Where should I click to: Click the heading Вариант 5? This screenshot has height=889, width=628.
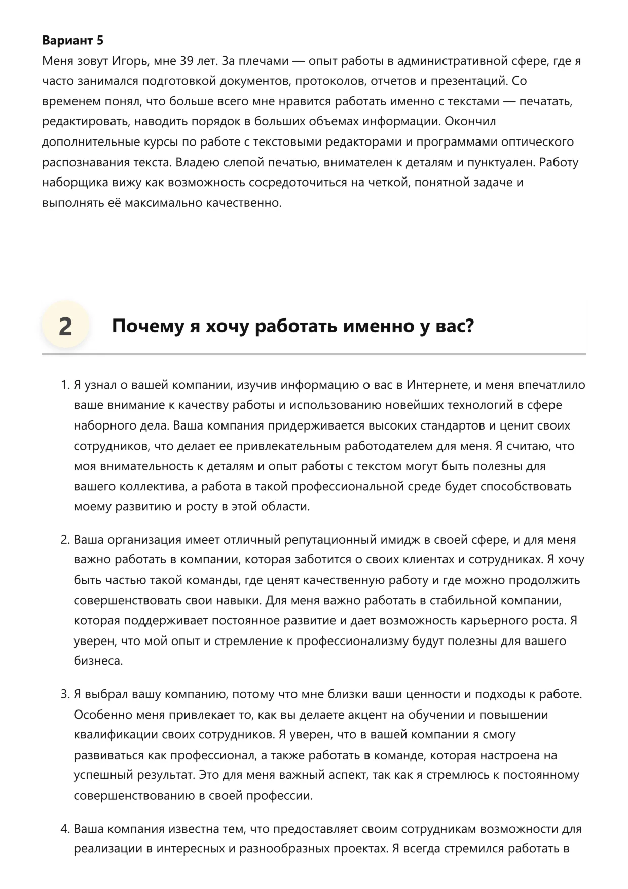(x=72, y=41)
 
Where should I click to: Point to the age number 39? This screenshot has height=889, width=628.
(x=187, y=61)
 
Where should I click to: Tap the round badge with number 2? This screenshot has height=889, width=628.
(x=65, y=326)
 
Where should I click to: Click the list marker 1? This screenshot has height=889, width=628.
(x=64, y=385)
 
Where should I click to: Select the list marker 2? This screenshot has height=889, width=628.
(x=64, y=540)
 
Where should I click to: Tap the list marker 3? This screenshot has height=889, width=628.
(x=64, y=694)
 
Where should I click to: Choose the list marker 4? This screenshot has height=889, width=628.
(x=64, y=829)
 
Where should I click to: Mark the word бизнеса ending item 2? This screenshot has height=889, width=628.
(x=98, y=661)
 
